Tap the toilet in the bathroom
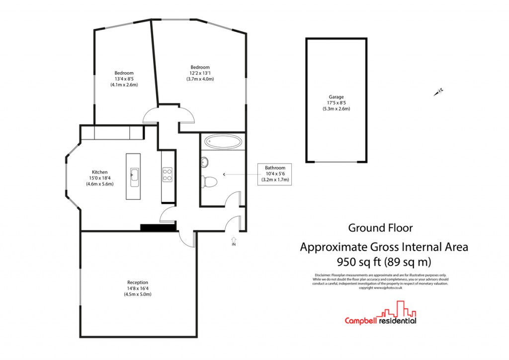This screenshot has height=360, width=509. point(208,182)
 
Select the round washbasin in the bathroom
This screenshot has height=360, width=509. point(205,162)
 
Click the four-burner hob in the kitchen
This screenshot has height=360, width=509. point(168,174)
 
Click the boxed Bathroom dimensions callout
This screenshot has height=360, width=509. point(274,174)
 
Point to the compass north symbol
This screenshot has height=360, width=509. point(438,91)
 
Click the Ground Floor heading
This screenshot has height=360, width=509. point(380,228)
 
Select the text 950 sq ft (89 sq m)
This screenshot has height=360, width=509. point(384,261)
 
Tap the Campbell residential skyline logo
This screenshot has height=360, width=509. point(381,316)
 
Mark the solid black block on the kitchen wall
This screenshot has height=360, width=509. point(159,228)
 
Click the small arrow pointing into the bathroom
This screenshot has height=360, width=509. point(225,174)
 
